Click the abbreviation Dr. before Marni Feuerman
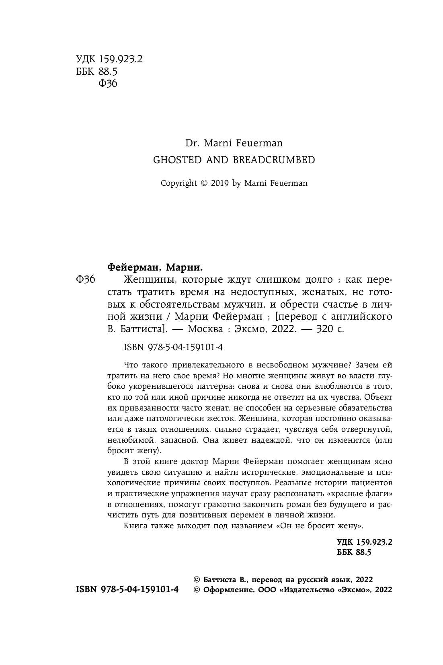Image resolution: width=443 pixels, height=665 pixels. coord(191,143)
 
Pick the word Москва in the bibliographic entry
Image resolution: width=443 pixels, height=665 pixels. coord(205,328)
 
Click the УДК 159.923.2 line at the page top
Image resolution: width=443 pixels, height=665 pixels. coord(109,60)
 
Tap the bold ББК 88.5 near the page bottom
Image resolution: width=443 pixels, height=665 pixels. coord(354,552)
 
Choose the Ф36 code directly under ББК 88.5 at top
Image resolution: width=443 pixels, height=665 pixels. coord(107,84)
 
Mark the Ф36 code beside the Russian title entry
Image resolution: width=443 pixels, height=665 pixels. coord(85,279)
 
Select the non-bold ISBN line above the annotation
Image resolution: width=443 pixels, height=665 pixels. coord(173,347)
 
